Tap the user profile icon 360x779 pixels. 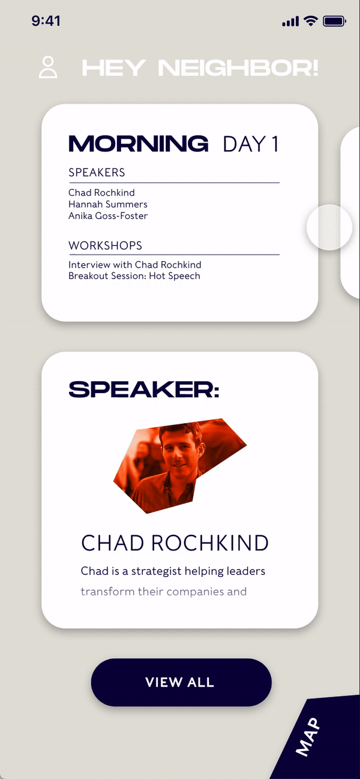pyautogui.click(x=48, y=67)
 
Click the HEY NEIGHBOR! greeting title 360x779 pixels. pyautogui.click(x=200, y=68)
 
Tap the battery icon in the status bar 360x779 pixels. pyautogui.click(x=334, y=22)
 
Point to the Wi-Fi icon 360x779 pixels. pyautogui.click(x=310, y=21)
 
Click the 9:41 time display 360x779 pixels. pyautogui.click(x=46, y=21)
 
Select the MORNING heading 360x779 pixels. pyautogui.click(x=139, y=143)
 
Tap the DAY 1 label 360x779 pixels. pyautogui.click(x=251, y=144)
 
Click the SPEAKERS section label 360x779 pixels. pyautogui.click(x=97, y=172)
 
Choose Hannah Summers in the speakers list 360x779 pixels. pyautogui.click(x=108, y=204)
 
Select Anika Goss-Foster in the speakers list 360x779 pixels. pyautogui.click(x=108, y=216)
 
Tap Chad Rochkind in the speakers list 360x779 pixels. pyautogui.click(x=101, y=193)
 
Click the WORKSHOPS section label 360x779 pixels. pyautogui.click(x=106, y=245)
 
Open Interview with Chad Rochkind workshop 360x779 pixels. pyautogui.click(x=135, y=265)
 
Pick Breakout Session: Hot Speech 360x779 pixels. pyautogui.click(x=134, y=276)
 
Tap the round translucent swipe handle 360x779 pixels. pyautogui.click(x=329, y=227)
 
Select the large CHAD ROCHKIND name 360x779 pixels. pyautogui.click(x=175, y=543)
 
